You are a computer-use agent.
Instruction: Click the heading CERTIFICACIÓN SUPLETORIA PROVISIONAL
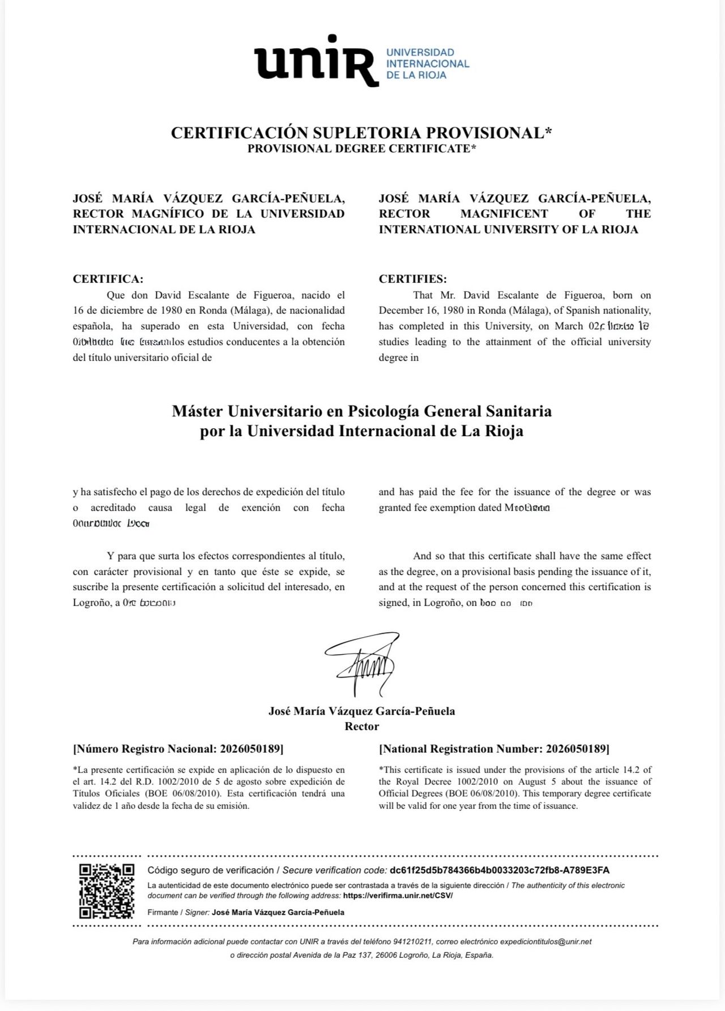(x=361, y=133)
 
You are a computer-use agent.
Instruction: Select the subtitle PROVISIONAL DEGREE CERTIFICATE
(x=361, y=149)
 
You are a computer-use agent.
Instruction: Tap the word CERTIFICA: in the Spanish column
(x=108, y=279)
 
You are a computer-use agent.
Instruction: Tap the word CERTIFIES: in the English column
(x=412, y=279)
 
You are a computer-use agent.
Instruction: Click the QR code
(x=106, y=891)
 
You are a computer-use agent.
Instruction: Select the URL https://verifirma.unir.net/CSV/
(x=398, y=895)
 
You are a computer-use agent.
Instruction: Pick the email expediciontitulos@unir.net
(x=547, y=941)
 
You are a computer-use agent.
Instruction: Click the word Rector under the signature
(x=362, y=726)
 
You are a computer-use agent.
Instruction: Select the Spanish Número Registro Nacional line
(x=178, y=749)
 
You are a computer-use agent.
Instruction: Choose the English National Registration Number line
(x=494, y=749)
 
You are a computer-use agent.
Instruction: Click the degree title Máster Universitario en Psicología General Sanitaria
(x=361, y=411)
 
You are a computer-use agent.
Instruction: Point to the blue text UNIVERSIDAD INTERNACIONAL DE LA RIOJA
(x=427, y=63)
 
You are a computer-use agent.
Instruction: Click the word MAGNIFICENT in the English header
(x=504, y=214)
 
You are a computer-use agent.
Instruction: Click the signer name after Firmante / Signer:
(x=278, y=912)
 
